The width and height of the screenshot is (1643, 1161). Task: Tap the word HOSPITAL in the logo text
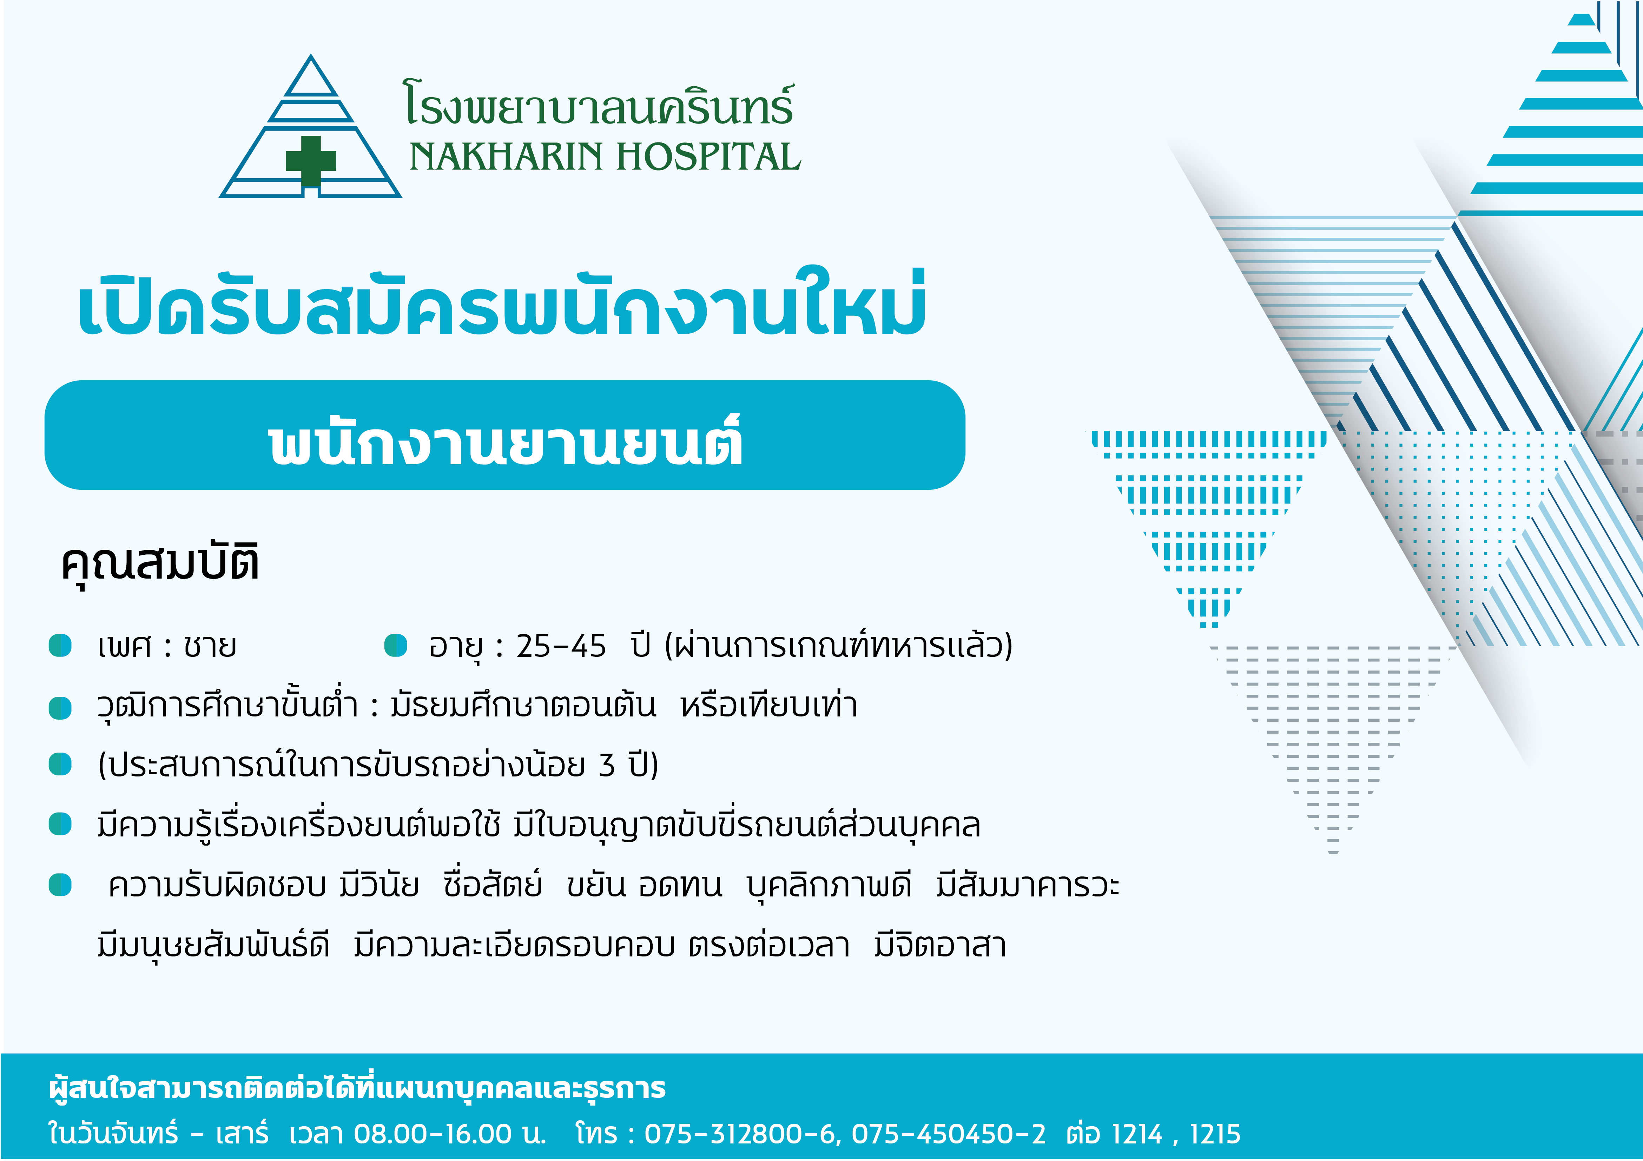click(x=708, y=157)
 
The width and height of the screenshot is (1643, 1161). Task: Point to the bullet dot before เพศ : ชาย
click(x=60, y=645)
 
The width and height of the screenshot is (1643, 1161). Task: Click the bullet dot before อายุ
click(x=396, y=645)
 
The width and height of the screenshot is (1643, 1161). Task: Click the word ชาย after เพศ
click(x=210, y=646)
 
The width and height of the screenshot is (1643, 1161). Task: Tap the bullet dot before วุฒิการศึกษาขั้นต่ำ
click(x=60, y=707)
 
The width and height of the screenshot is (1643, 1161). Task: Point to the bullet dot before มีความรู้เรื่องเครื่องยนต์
click(x=60, y=824)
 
